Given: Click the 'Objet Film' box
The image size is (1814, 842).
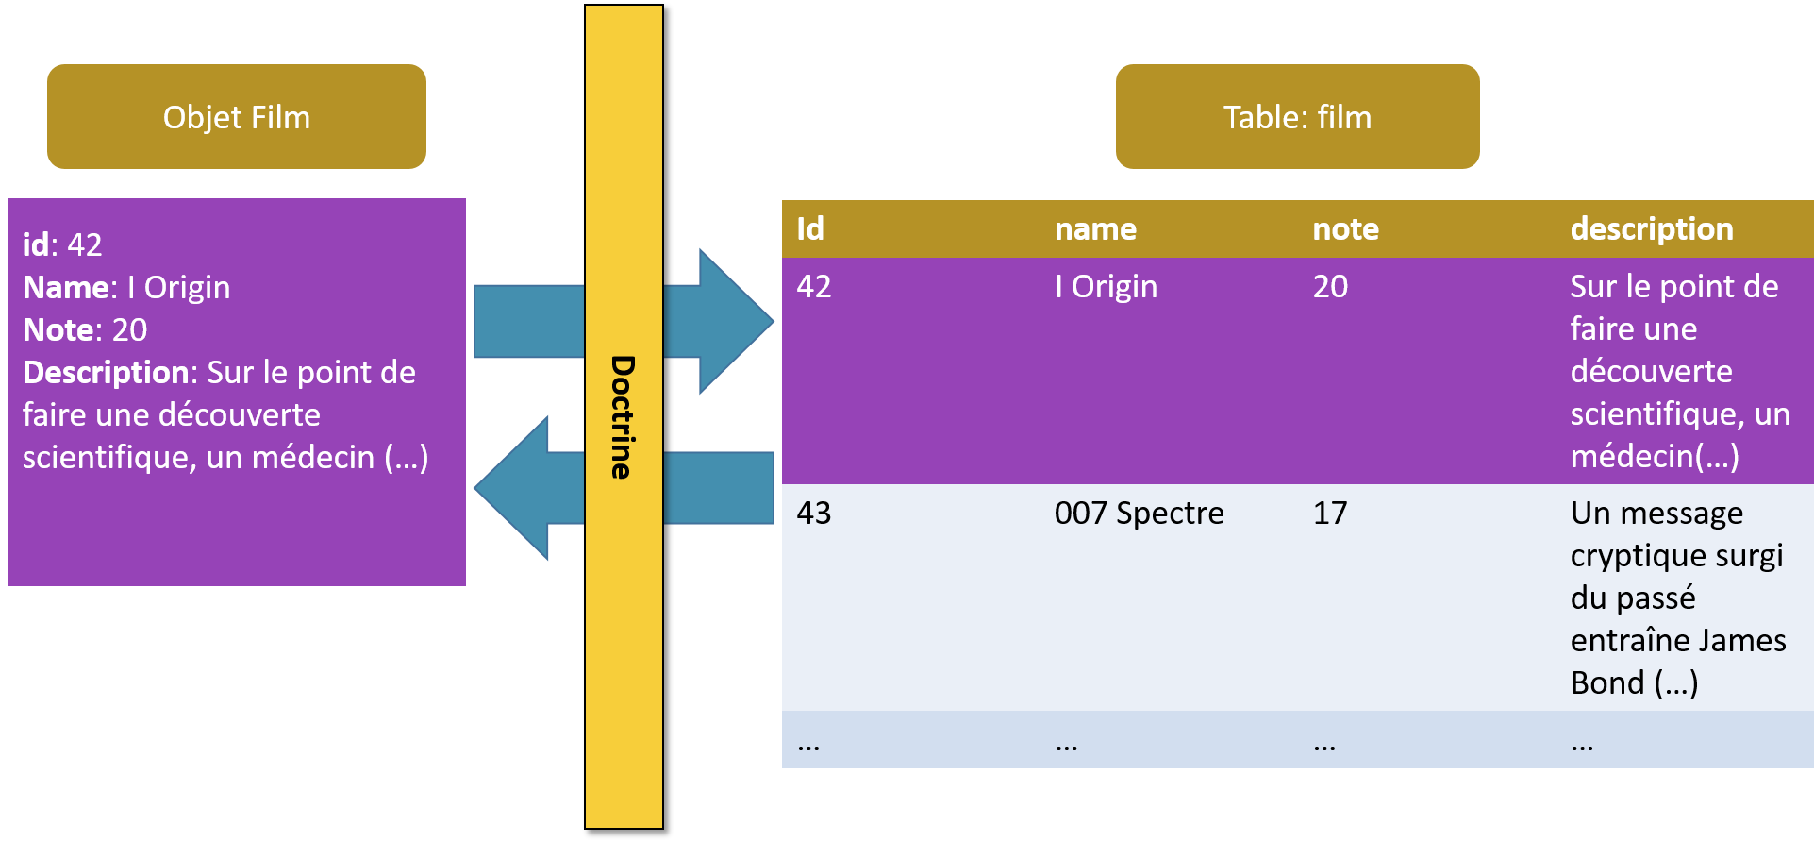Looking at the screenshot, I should tap(236, 117).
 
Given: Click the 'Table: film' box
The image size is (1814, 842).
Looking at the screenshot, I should tap(1297, 117).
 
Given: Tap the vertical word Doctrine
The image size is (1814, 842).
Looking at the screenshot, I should tap(623, 417).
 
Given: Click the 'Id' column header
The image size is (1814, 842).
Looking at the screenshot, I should tap(810, 229).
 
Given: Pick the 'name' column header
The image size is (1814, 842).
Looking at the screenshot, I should tap(1095, 229).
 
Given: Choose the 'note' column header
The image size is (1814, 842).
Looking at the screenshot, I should tap(1345, 229).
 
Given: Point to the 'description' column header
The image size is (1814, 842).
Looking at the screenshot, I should tap(1651, 229).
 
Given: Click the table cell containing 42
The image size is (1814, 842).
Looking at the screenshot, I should tap(814, 287).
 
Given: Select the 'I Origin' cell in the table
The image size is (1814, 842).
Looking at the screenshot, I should tap(1106, 287).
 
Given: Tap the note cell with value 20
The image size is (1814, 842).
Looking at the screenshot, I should tap(1330, 287).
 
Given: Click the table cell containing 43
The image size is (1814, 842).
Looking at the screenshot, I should tap(814, 514).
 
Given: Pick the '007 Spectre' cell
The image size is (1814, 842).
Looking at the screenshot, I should tap(1139, 514).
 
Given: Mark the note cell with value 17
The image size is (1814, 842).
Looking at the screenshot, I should tap(1330, 514).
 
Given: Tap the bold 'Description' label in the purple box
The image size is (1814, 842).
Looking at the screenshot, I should tap(107, 373).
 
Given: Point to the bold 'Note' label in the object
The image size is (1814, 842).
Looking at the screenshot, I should tap(58, 330).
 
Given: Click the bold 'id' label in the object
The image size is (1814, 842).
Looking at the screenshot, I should tap(36, 245).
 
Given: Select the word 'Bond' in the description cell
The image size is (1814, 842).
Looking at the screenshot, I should tap(1607, 683).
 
